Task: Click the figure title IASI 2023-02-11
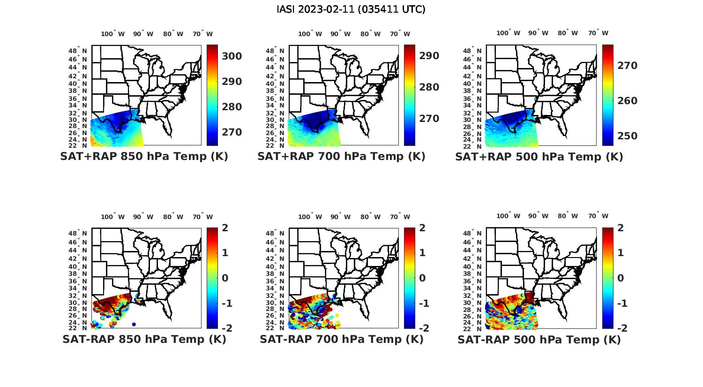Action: [351, 9]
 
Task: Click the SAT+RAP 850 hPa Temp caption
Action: [144, 156]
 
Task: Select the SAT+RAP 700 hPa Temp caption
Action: [341, 156]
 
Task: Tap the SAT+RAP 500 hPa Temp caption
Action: [539, 157]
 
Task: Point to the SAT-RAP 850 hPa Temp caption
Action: [144, 339]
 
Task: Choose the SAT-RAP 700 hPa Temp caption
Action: [341, 339]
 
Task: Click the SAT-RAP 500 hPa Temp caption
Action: [539, 340]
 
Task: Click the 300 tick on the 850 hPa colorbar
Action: [232, 56]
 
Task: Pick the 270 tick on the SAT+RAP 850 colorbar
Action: [232, 132]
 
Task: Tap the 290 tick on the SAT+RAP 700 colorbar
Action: [429, 56]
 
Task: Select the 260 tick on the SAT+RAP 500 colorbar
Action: [627, 101]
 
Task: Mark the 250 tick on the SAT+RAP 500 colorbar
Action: [627, 136]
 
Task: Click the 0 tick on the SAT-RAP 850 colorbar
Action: [224, 278]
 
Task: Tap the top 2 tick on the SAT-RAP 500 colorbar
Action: [621, 228]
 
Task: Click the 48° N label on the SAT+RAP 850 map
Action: [78, 51]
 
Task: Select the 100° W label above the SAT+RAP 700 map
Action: [310, 34]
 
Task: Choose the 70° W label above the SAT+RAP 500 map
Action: [598, 33]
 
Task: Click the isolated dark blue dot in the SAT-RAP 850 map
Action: [134, 324]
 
